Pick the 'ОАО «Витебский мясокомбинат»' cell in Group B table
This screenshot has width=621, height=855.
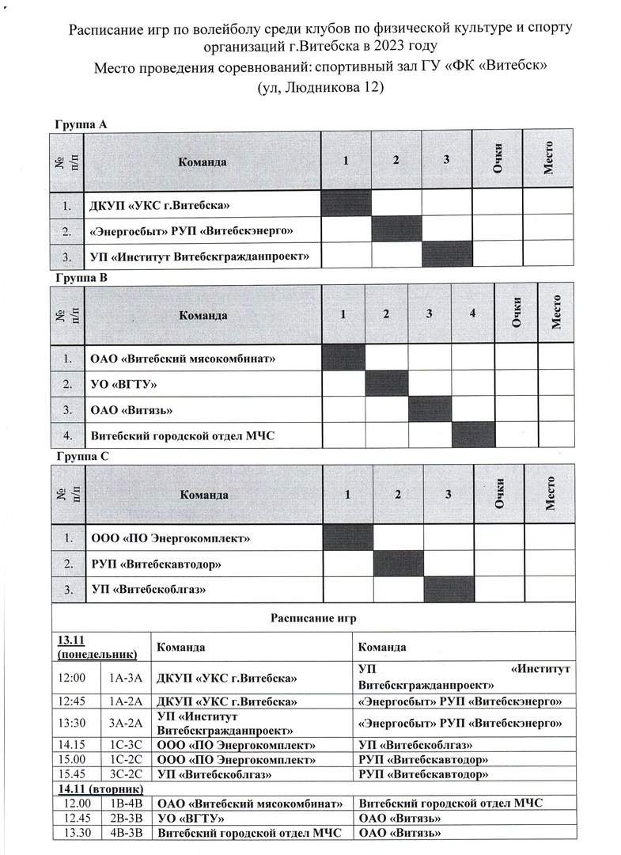183,359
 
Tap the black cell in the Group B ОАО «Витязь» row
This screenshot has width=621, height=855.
430,410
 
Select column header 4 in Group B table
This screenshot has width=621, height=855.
472,313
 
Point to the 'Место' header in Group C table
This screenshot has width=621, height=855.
550,493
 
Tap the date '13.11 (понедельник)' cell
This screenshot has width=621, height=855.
97,647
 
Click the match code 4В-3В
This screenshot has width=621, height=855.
125,832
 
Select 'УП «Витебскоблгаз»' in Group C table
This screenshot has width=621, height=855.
152,590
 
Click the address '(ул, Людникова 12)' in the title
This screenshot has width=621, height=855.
320,88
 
